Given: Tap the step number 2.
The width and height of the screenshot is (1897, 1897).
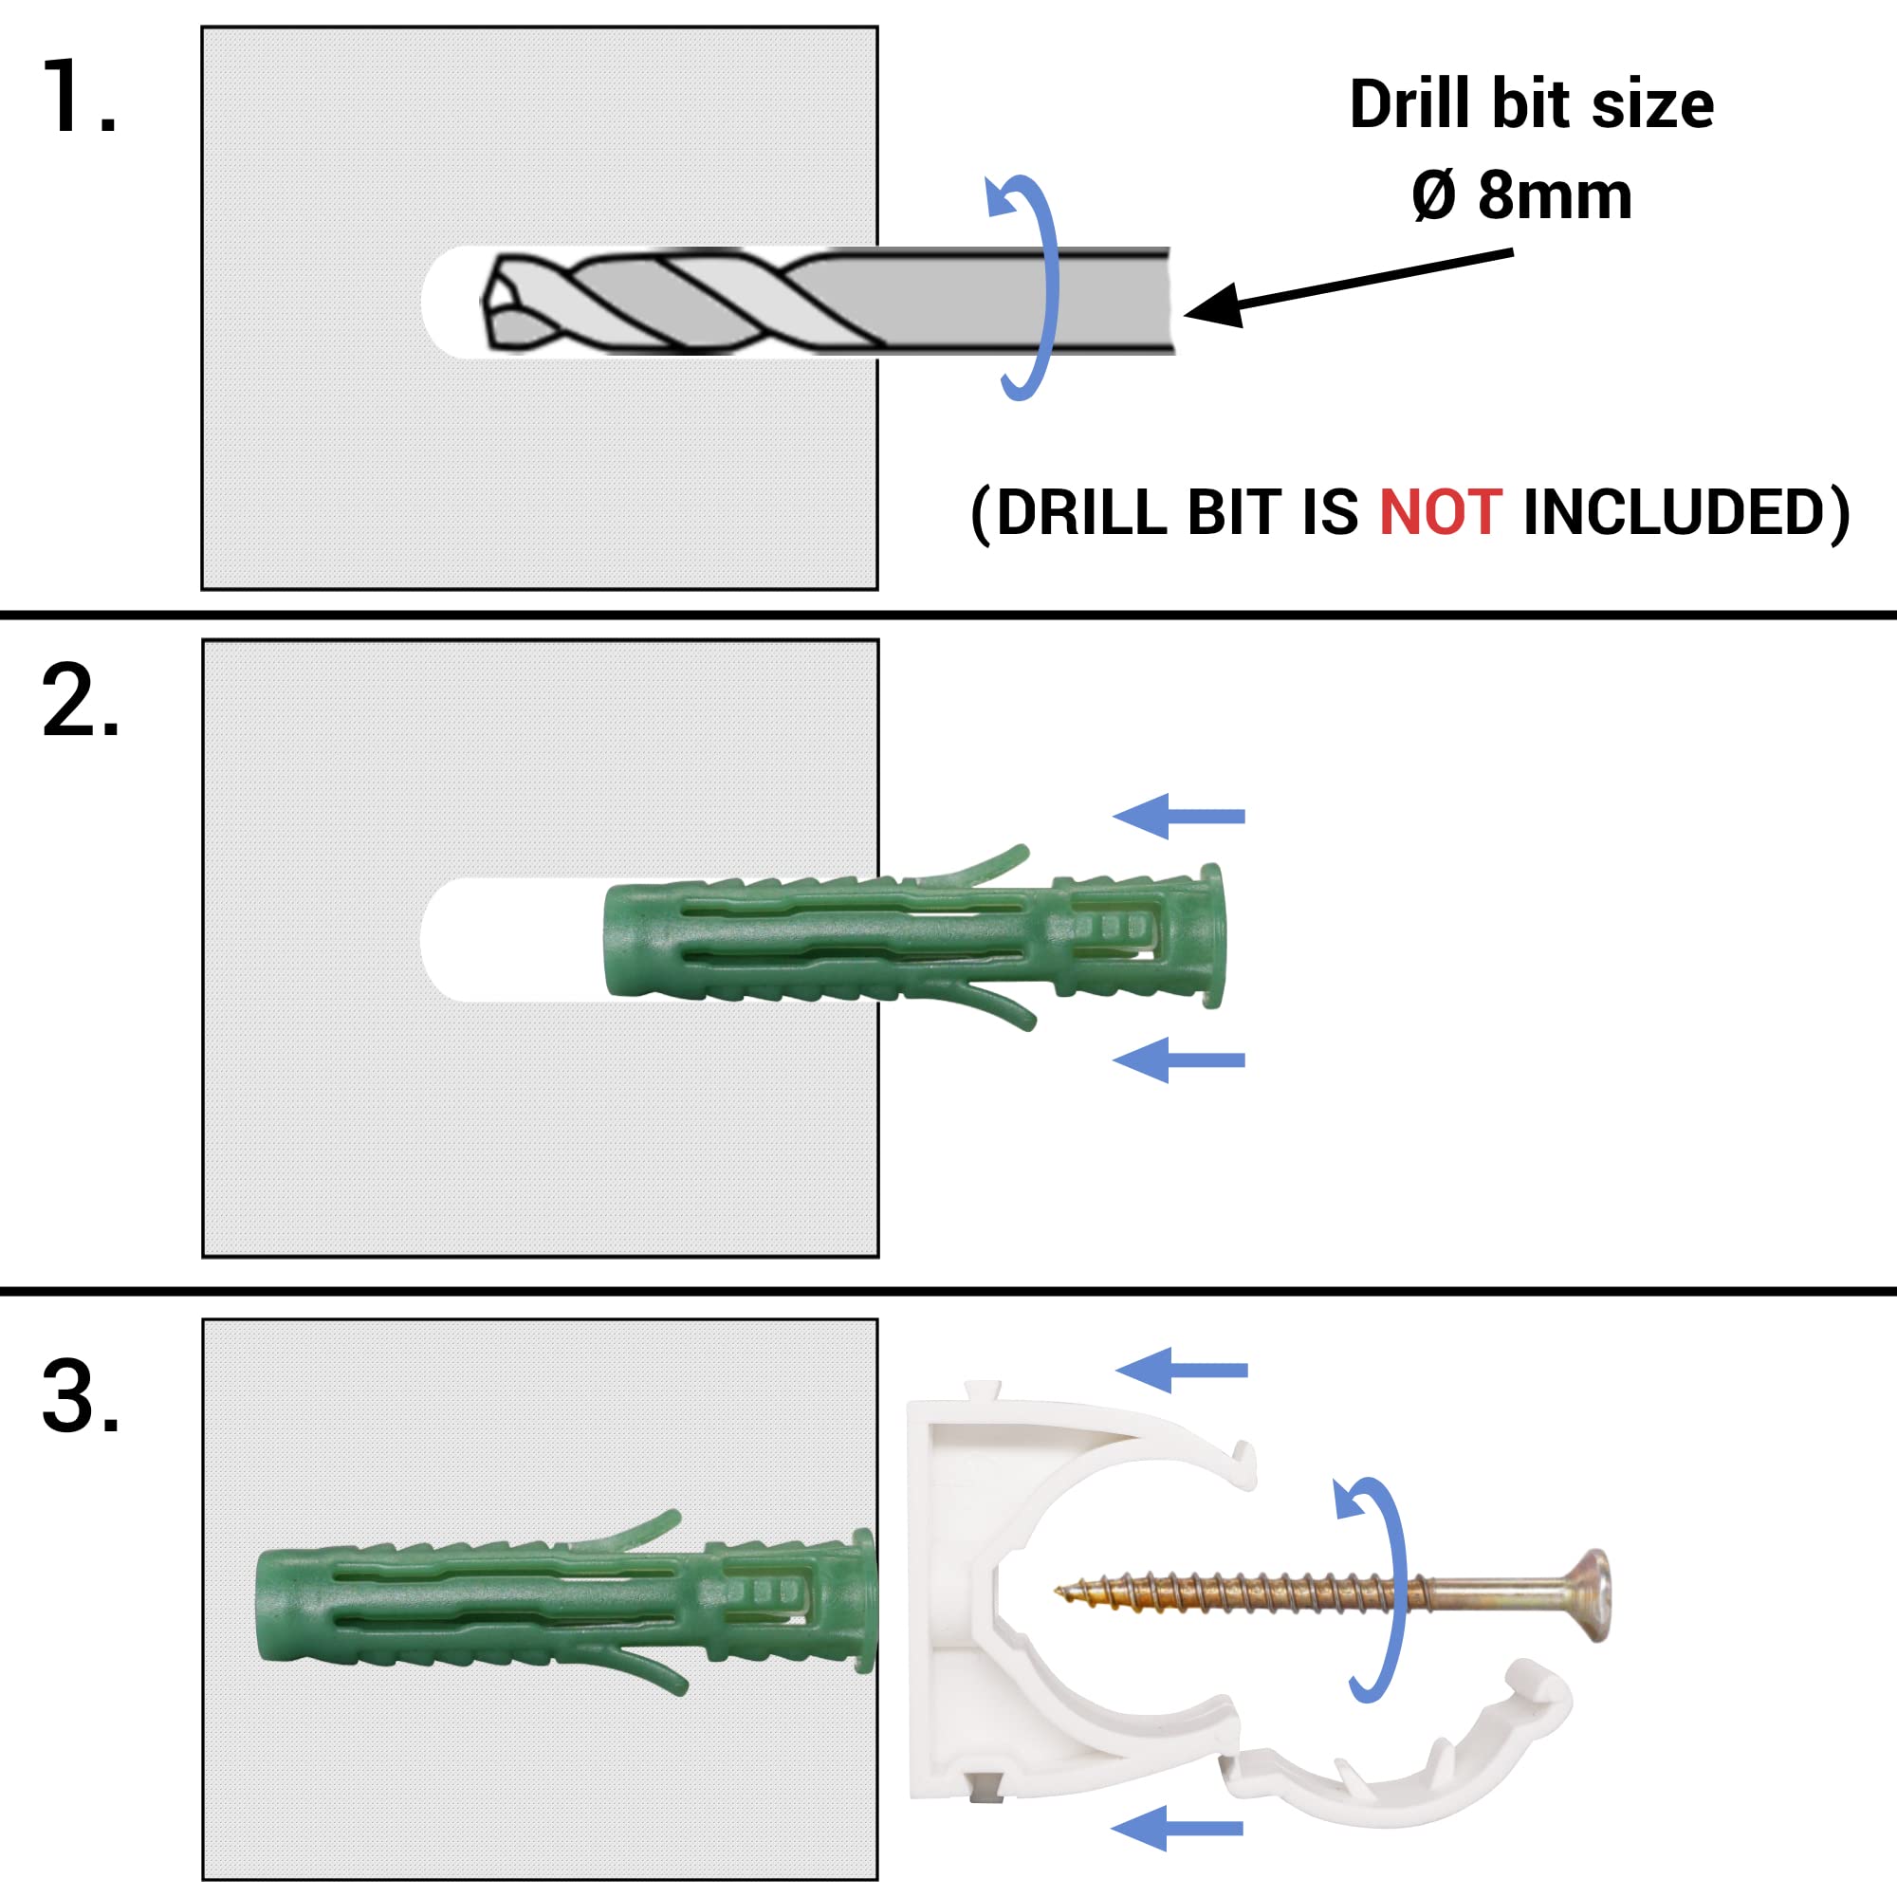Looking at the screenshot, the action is click(81, 700).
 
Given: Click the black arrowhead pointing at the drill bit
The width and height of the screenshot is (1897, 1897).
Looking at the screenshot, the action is click(1216, 306).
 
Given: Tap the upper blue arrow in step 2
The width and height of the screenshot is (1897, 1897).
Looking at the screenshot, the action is click(1178, 816).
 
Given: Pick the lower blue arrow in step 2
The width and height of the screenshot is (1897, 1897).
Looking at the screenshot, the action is click(1178, 1059).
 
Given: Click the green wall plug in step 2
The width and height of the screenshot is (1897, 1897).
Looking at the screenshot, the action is click(913, 937).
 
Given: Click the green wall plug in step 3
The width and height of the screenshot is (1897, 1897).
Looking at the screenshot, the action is click(565, 1608).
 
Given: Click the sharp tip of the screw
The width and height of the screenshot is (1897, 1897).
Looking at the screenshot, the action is click(1059, 1593).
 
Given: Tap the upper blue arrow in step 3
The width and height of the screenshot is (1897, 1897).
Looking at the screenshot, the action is click(1181, 1370).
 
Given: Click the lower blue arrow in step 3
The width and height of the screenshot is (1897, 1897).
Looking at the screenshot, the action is click(1176, 1828).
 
